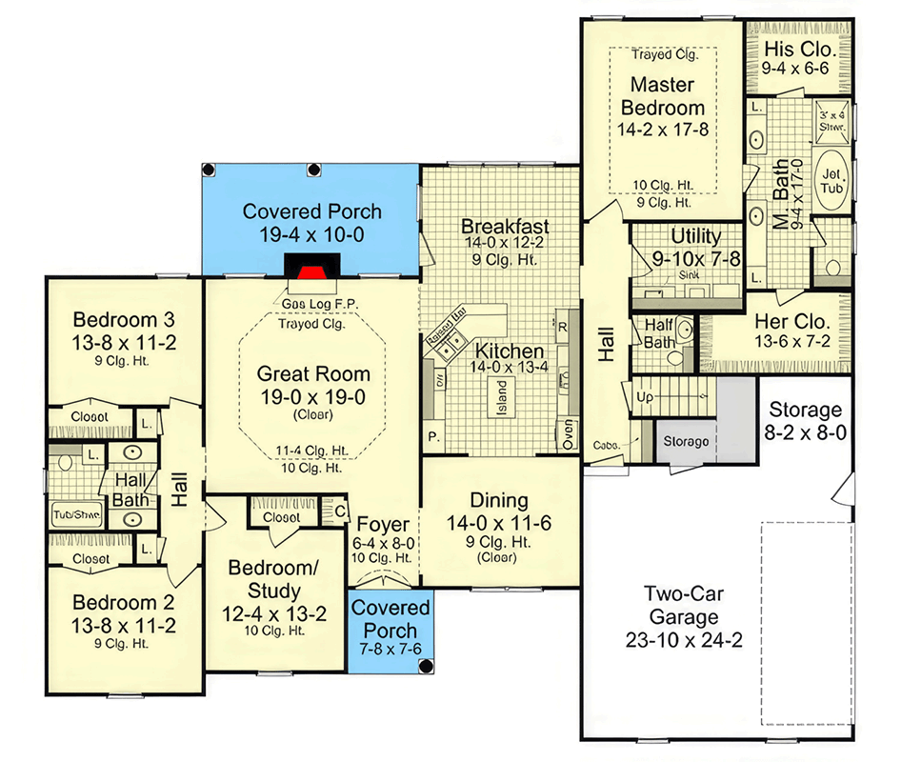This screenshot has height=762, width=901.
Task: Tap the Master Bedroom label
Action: (x=667, y=95)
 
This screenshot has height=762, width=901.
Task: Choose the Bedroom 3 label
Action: (x=124, y=319)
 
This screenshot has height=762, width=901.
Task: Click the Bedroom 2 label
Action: (x=124, y=602)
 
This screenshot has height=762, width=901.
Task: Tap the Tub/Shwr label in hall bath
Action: (x=76, y=516)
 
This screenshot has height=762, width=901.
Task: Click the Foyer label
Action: (x=384, y=525)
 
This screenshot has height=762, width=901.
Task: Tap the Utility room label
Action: (x=696, y=236)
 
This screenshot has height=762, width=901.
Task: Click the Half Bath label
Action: (x=660, y=333)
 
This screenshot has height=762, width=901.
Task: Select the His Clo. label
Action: (x=799, y=49)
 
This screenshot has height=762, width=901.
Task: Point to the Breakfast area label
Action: (x=505, y=226)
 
